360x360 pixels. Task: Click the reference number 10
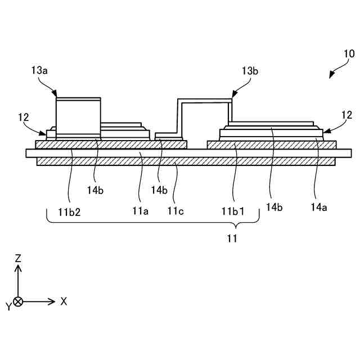point(349,54)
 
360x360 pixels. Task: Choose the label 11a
point(140,211)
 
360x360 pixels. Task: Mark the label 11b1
point(232,211)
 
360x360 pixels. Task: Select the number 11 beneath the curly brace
point(232,238)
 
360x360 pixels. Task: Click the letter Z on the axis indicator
point(18,259)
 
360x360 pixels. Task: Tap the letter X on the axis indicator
point(64,301)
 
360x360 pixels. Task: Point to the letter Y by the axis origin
point(8,307)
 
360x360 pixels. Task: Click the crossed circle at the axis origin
point(18,301)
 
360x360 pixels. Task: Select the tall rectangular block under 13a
point(78,117)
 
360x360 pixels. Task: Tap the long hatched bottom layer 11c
point(186,161)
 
